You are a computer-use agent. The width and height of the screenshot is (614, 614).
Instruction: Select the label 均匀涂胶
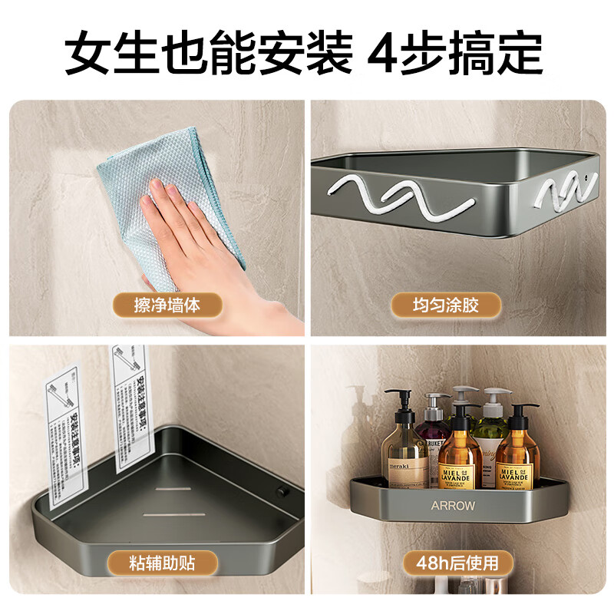[445, 305]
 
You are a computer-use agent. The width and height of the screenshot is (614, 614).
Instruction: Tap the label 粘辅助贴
[162, 563]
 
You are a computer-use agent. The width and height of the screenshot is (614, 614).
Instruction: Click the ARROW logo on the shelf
[453, 506]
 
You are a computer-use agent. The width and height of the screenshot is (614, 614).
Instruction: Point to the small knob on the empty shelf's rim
[280, 490]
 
